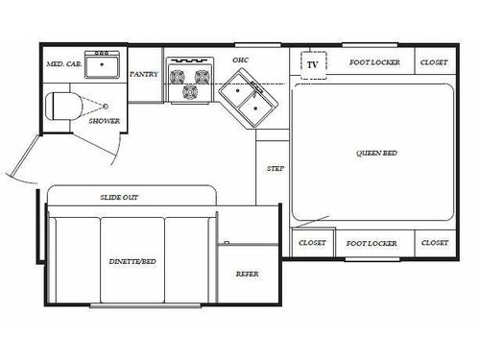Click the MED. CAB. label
[x=61, y=64]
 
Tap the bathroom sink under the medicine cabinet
[x=100, y=66]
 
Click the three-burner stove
[x=190, y=80]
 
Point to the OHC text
[x=240, y=60]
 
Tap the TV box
[x=312, y=63]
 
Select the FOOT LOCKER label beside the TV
[x=372, y=63]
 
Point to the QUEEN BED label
[x=375, y=153]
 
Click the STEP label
[x=276, y=169]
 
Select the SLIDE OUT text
[x=119, y=197]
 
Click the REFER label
[x=248, y=274]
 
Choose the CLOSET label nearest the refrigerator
[x=312, y=243]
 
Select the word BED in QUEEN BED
[x=389, y=153]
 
